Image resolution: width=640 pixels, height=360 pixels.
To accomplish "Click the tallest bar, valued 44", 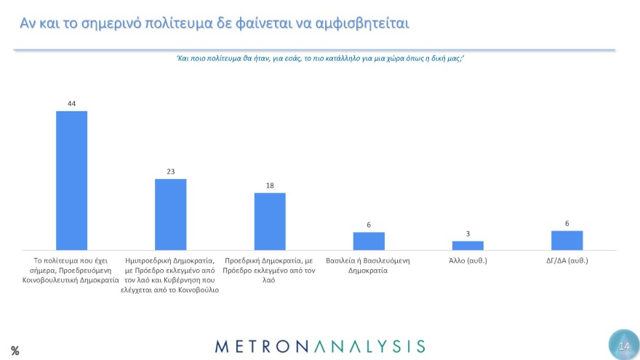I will (71, 180).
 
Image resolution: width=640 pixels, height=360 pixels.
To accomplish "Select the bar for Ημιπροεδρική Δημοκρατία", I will (171, 215).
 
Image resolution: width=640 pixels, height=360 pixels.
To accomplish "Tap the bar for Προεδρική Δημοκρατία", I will (270, 222).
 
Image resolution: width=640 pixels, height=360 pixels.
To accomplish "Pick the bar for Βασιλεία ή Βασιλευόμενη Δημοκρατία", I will (369, 241).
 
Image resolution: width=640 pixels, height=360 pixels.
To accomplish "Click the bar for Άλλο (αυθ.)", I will (468, 245).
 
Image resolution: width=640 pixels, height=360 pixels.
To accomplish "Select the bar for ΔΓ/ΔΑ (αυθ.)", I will (567, 240).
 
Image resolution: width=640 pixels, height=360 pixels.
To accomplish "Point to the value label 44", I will (71, 103).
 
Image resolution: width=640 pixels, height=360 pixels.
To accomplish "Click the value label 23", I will (171, 172).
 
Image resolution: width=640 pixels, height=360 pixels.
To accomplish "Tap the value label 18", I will (270, 185).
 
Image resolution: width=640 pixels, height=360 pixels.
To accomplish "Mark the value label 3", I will (468, 233).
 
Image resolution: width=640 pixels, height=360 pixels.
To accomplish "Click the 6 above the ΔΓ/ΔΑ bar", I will (567, 223).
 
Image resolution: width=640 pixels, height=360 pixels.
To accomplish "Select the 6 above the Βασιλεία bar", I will (369, 225).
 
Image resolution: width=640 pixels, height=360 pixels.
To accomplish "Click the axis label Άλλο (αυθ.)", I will (468, 260).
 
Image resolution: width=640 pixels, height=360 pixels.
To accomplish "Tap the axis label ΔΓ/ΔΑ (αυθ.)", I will (567, 260).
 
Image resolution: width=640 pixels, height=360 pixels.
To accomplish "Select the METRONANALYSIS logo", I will (320, 345).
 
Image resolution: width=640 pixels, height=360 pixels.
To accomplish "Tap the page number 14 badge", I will (623, 345).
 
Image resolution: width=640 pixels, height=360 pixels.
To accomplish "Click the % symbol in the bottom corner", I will (15, 351).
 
